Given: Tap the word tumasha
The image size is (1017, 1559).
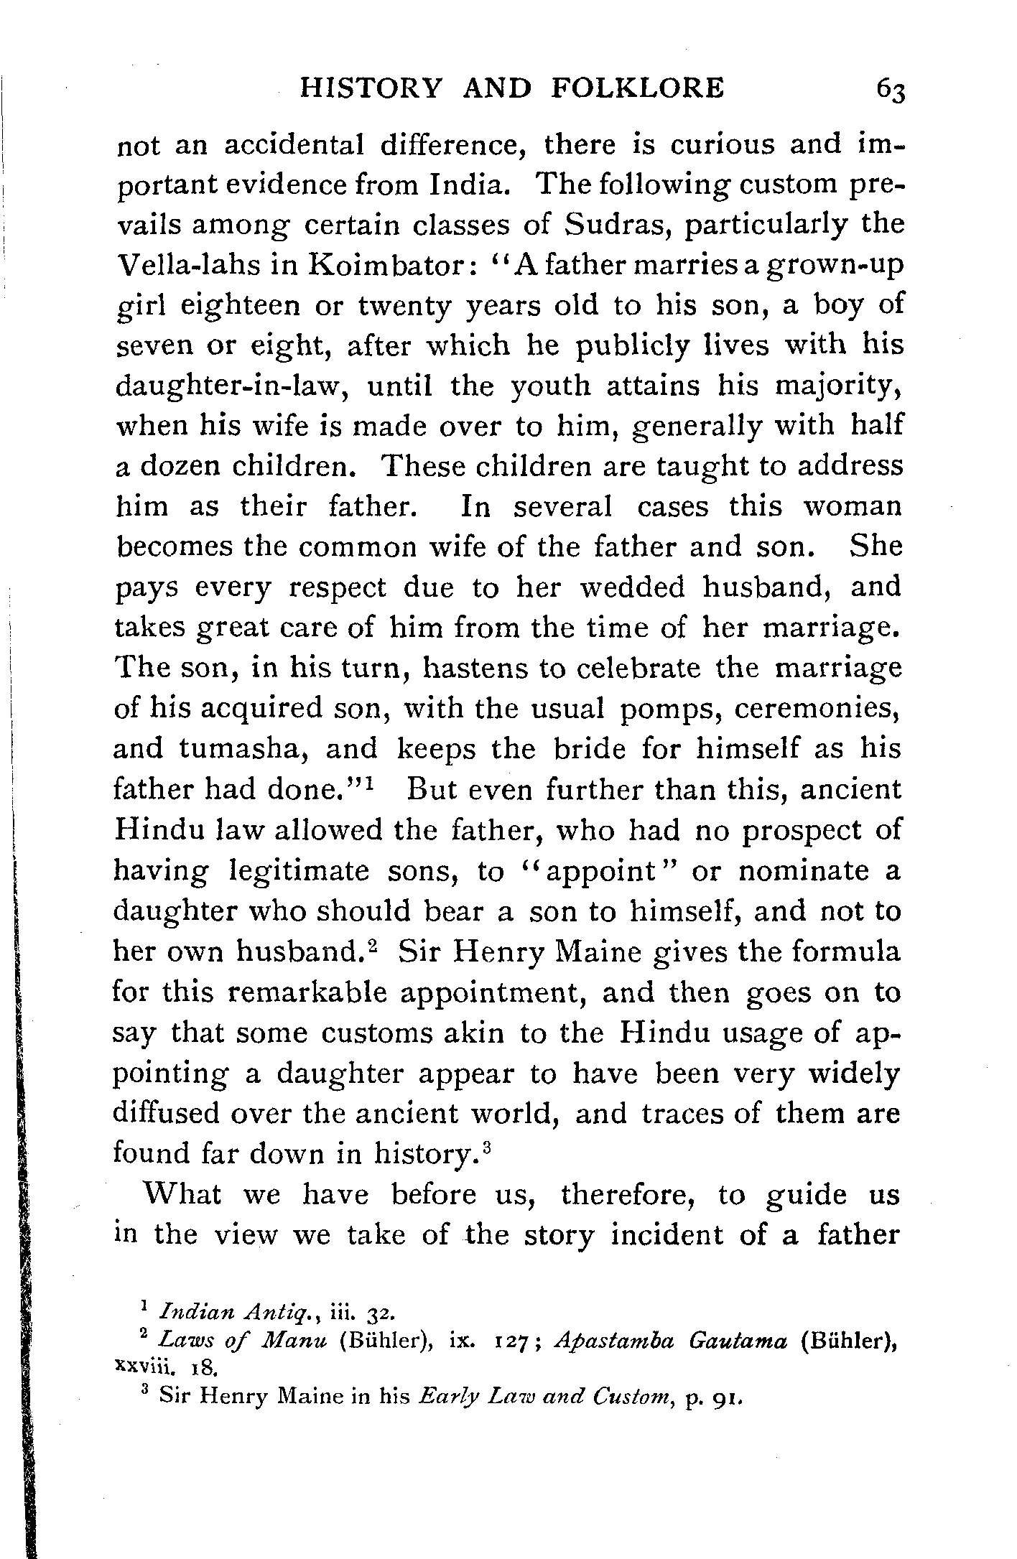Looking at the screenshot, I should (243, 748).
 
